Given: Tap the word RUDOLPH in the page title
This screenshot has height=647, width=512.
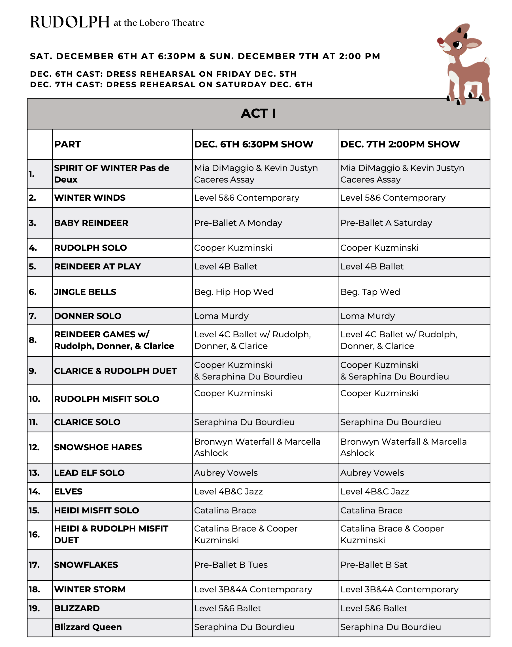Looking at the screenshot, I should pyautogui.click(x=70, y=22).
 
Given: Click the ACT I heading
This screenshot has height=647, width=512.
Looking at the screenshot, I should pyautogui.click(x=258, y=113).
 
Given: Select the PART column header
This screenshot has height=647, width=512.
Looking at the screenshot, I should pyautogui.click(x=67, y=144).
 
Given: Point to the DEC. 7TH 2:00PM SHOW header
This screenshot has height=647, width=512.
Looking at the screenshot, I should pyautogui.click(x=400, y=144).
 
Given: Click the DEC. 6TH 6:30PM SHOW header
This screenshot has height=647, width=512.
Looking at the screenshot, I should pyautogui.click(x=254, y=144).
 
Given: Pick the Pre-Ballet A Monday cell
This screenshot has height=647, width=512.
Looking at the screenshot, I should pyautogui.click(x=238, y=223).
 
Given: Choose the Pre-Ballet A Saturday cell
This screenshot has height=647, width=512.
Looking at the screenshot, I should pyautogui.click(x=386, y=223).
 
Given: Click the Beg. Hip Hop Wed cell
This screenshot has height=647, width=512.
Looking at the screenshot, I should pyautogui.click(x=234, y=292).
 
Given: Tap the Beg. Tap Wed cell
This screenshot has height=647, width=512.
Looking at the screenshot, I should pyautogui.click(x=370, y=292).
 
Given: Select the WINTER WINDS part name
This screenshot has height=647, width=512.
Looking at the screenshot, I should pyautogui.click(x=90, y=198).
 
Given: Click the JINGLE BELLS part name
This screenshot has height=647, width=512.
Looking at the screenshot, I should pyautogui.click(x=85, y=292).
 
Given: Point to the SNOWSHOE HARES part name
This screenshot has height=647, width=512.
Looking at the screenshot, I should pyautogui.click(x=98, y=447).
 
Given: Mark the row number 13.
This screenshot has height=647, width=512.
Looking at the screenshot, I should pyautogui.click(x=34, y=473).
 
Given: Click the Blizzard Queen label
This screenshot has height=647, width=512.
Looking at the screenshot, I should pyautogui.click(x=88, y=627).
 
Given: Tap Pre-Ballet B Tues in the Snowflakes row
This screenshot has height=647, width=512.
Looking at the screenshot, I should pyautogui.click(x=231, y=565).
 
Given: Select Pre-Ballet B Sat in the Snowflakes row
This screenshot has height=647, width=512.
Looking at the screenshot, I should pyautogui.click(x=374, y=565).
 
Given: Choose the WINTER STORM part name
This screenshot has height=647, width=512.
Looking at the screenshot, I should pyautogui.click(x=90, y=589).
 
